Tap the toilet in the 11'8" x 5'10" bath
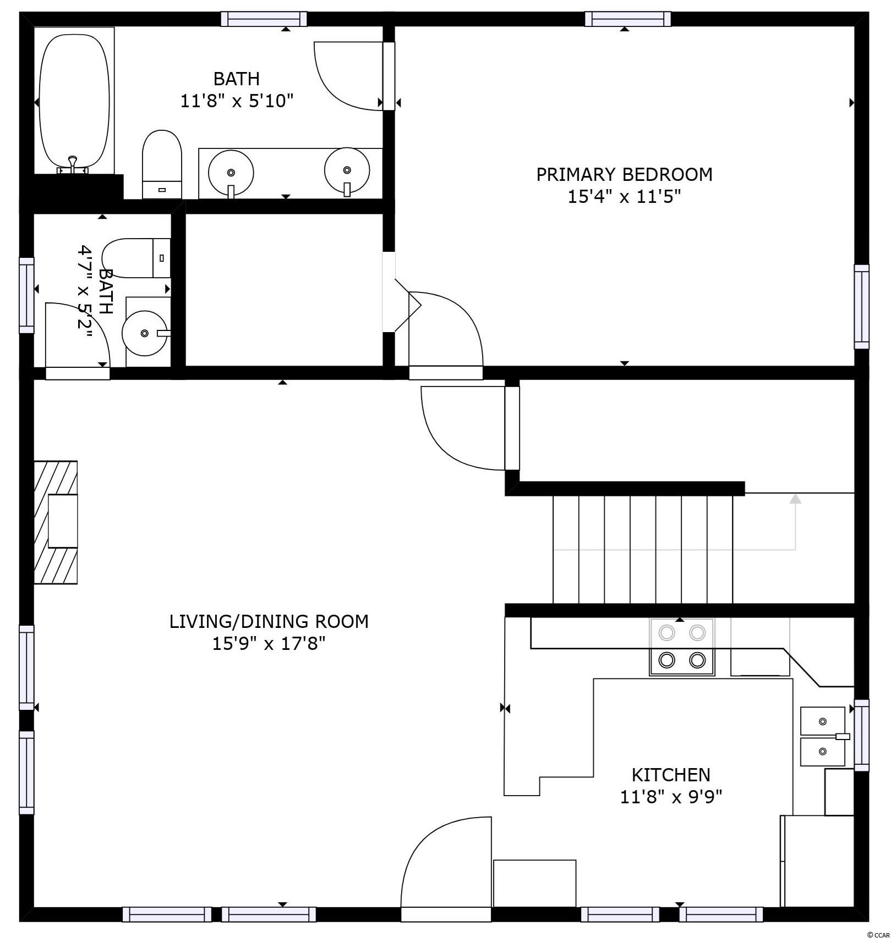[162, 164]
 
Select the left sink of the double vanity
[231, 173]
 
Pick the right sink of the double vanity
[347, 170]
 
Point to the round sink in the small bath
[144, 333]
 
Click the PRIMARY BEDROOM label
[624, 174]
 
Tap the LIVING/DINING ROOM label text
[269, 621]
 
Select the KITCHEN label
[671, 775]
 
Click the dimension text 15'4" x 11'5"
[624, 196]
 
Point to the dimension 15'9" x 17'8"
[269, 643]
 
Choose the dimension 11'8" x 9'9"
[671, 797]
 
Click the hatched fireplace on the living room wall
[56, 522]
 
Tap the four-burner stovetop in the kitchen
[682, 647]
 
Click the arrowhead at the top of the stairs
[795, 498]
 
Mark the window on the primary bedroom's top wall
[627, 19]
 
